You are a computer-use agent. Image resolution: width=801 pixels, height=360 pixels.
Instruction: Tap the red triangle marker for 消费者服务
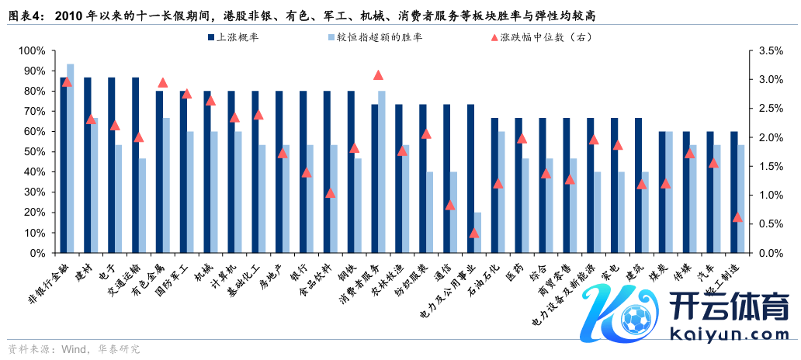click(378, 75)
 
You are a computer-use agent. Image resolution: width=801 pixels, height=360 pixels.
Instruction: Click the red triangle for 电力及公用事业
click(474, 233)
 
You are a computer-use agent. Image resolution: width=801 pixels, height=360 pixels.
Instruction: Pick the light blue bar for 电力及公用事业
click(477, 232)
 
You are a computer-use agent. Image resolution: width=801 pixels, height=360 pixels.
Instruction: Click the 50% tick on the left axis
click(35, 152)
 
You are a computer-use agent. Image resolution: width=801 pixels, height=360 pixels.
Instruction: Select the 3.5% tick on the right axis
click(764, 50)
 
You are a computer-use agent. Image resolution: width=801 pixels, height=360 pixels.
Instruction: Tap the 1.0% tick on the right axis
click(764, 196)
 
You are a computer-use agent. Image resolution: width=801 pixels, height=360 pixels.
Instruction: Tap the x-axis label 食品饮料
click(314, 279)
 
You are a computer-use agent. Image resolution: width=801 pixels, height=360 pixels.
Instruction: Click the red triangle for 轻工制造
click(737, 217)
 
